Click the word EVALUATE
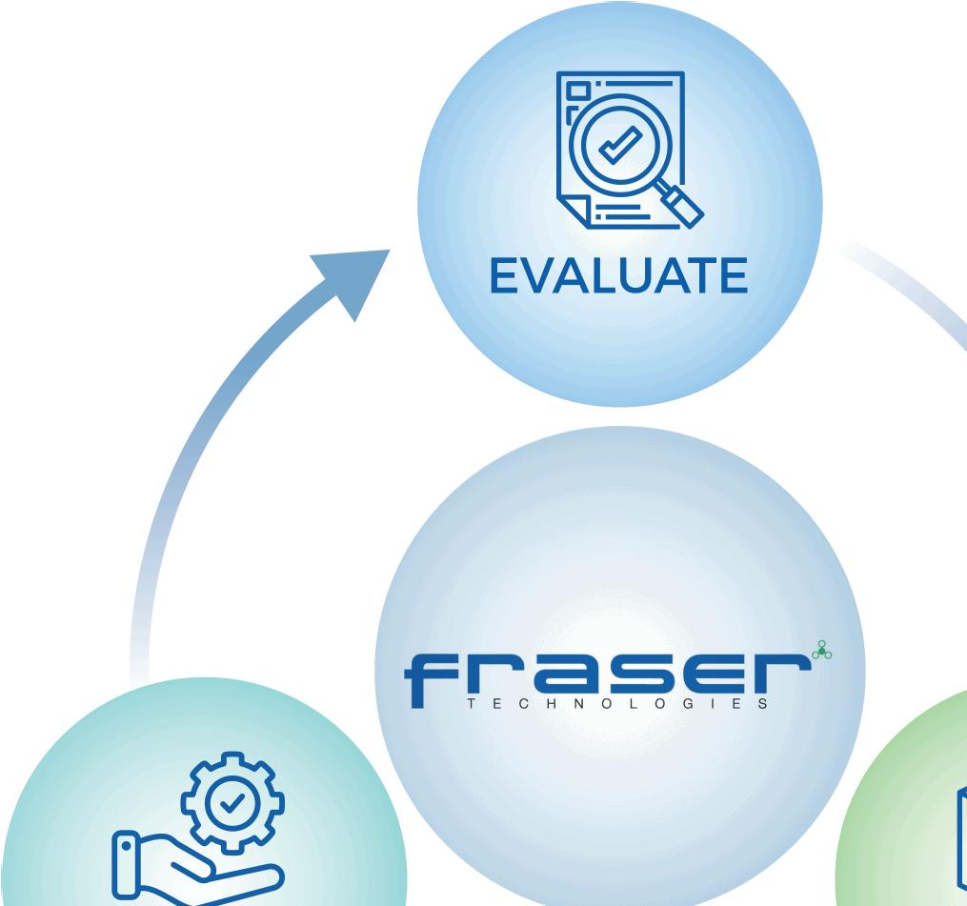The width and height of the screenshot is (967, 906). (x=617, y=275)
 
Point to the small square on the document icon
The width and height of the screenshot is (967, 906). (x=578, y=93)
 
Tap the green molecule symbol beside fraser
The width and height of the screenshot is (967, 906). (x=818, y=651)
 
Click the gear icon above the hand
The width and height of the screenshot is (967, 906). (x=229, y=805)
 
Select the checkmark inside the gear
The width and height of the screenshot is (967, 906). (x=230, y=805)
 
